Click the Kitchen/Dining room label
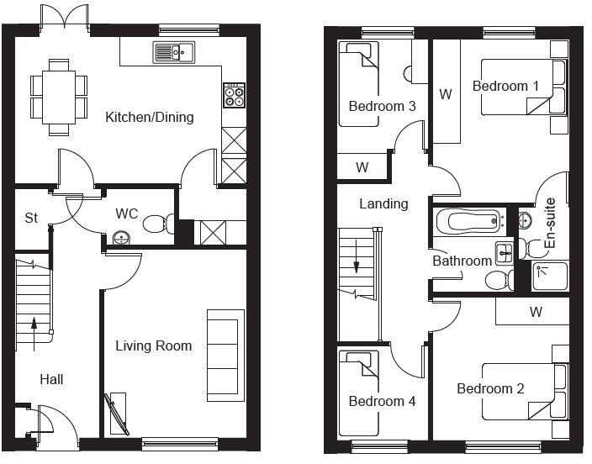coord(149,117)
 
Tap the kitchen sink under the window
coord(173,53)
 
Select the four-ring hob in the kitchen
coord(233,95)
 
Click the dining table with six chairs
coord(59,96)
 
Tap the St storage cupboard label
coord(31,218)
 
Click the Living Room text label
coord(153,345)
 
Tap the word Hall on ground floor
coord(51,379)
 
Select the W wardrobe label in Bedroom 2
coord(536,313)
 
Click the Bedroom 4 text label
coord(382,402)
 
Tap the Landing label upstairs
coord(383,203)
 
